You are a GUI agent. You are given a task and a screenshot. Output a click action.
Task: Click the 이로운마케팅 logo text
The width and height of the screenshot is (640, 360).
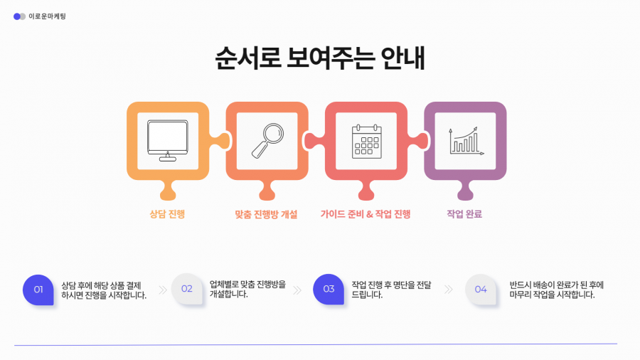(47, 16)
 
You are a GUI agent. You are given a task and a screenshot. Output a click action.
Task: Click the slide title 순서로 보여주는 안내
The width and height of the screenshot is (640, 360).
(320, 58)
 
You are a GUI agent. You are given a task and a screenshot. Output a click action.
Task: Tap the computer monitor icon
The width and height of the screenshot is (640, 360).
(168, 141)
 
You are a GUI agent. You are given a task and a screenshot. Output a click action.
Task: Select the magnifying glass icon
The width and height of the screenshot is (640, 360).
(268, 141)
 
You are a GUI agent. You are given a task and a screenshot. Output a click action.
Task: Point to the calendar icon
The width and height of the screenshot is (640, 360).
(367, 141)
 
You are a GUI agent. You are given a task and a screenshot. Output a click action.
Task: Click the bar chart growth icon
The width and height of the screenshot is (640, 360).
(466, 141)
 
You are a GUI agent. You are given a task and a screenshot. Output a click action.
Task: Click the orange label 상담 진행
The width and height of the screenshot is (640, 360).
(167, 214)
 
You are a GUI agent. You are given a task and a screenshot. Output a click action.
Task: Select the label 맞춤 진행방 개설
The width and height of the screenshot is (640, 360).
(266, 214)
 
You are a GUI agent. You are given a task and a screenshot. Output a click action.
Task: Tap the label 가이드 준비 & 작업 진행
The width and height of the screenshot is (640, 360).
(366, 214)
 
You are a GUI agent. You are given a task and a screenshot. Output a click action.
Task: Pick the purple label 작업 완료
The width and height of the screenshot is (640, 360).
(464, 214)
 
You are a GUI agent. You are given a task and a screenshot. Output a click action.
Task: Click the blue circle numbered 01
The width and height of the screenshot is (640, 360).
(38, 290)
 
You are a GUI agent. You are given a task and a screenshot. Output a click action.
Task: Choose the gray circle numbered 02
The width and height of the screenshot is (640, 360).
(187, 289)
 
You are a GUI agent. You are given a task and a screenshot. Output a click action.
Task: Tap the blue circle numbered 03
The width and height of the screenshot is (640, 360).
(329, 289)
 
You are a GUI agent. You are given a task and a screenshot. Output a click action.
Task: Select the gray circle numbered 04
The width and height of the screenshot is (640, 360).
(481, 290)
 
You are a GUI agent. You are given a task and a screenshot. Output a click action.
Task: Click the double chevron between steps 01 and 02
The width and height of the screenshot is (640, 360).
(163, 290)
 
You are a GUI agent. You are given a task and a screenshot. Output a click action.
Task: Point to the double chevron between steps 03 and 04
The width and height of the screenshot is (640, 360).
(449, 290)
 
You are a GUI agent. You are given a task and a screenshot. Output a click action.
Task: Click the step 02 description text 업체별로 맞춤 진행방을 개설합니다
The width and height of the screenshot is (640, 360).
(247, 289)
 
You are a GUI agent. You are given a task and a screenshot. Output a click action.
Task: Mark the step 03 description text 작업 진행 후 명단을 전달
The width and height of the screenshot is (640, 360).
(391, 285)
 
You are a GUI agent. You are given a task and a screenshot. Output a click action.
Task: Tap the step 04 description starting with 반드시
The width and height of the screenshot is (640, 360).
(556, 290)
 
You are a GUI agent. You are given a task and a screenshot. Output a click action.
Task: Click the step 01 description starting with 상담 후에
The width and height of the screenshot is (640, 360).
(104, 290)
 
